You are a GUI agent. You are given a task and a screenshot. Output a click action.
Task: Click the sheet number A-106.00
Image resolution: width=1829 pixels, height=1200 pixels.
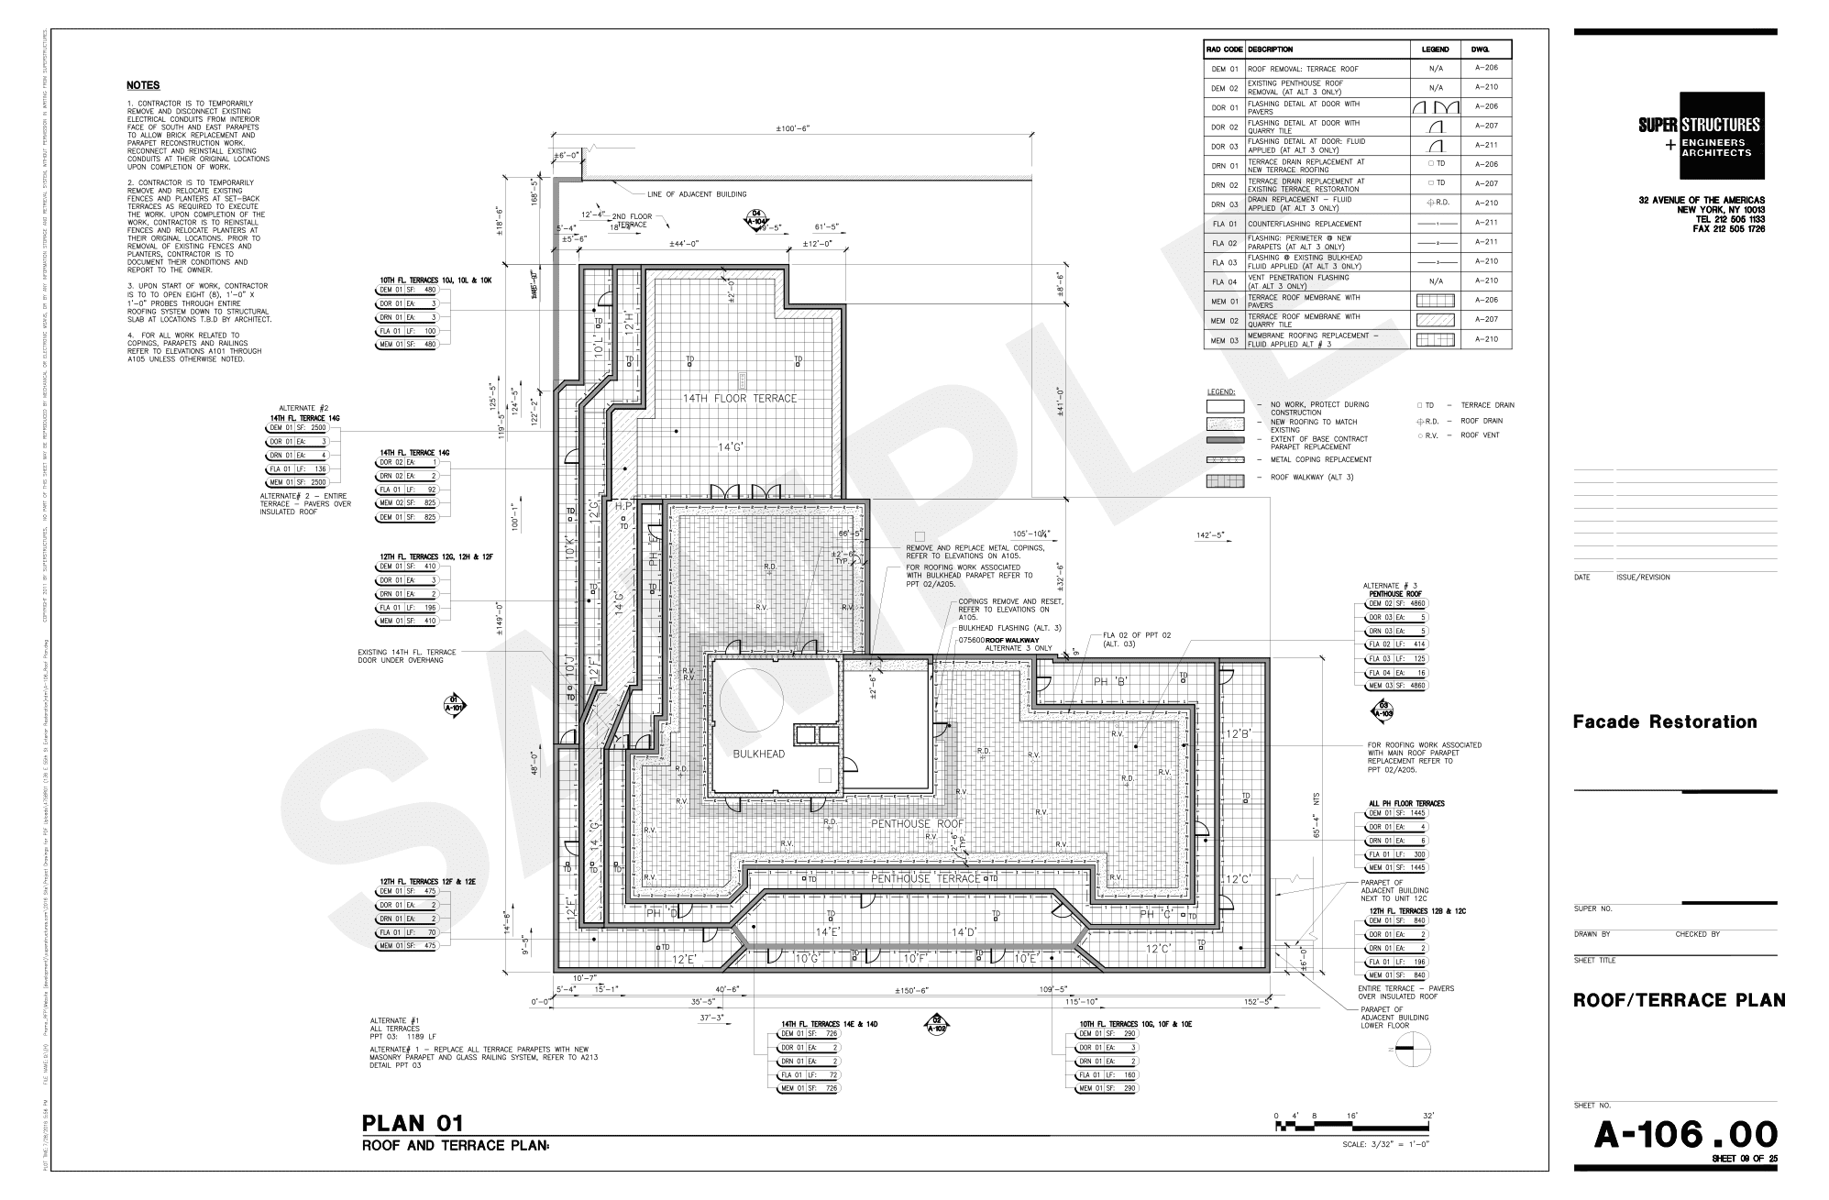pos(1685,1135)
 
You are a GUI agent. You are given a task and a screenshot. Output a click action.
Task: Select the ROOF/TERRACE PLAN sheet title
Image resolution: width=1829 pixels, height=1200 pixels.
pos(1679,1000)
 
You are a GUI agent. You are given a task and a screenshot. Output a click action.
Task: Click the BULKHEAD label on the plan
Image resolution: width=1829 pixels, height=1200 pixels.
pos(758,754)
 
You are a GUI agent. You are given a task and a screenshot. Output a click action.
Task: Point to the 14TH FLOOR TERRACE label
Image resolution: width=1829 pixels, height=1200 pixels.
pos(739,398)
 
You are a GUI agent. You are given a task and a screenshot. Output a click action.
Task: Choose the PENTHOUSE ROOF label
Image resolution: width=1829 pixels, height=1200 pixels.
pos(918,824)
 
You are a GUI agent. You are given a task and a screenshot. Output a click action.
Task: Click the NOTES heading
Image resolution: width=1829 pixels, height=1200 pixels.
pos(143,85)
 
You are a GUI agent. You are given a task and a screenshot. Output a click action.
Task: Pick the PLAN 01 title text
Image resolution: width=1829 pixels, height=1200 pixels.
pos(413,1123)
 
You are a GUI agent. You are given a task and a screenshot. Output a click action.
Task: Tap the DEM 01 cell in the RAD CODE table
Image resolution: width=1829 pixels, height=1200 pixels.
pos(1224,69)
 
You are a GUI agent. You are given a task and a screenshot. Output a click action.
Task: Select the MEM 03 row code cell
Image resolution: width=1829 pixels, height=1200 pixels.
pos(1224,340)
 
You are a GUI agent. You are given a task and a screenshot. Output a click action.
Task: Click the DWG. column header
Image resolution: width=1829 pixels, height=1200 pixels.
pos(1480,49)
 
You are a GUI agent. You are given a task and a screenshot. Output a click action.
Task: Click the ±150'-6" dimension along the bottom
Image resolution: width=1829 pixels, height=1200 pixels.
pos(912,990)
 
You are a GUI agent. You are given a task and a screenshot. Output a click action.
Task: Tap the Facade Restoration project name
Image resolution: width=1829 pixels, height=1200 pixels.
pos(1665,721)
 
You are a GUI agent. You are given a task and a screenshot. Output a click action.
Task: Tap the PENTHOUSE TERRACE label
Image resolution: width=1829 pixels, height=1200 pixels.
pos(913,878)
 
